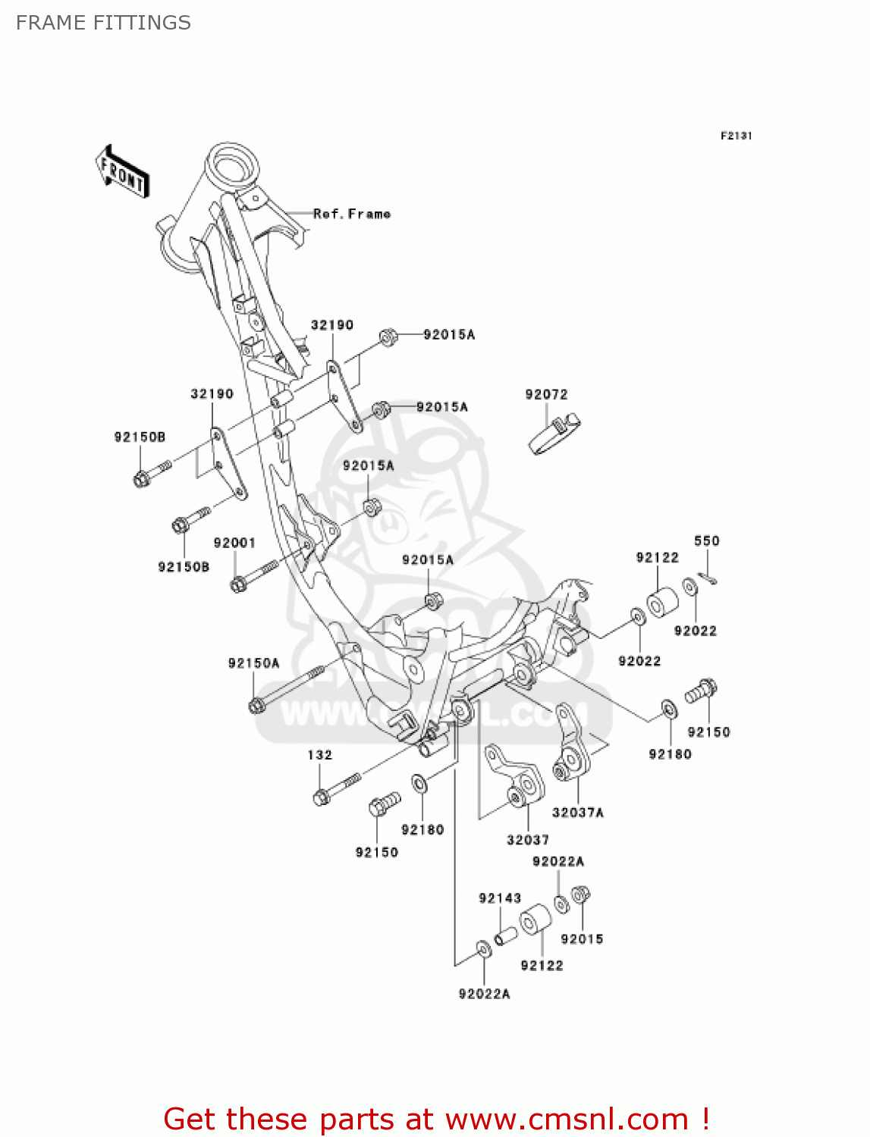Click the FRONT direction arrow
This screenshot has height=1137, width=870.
tap(122, 172)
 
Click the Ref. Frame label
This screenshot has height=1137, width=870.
tap(352, 215)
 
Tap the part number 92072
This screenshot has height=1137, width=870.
tap(546, 394)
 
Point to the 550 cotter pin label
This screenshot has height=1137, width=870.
tap(706, 540)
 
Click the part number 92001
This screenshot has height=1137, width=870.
tap(234, 543)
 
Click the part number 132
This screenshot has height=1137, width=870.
tap(319, 755)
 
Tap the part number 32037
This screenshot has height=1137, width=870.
tap(528, 840)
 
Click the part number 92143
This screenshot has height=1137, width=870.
tap(500, 898)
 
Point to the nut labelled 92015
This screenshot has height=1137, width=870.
tap(580, 895)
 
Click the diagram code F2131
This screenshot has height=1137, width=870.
tap(736, 136)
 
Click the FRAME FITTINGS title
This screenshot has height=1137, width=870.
tap(103, 23)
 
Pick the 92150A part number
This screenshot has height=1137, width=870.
tap(253, 663)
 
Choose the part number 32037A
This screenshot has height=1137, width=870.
tap(577, 813)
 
